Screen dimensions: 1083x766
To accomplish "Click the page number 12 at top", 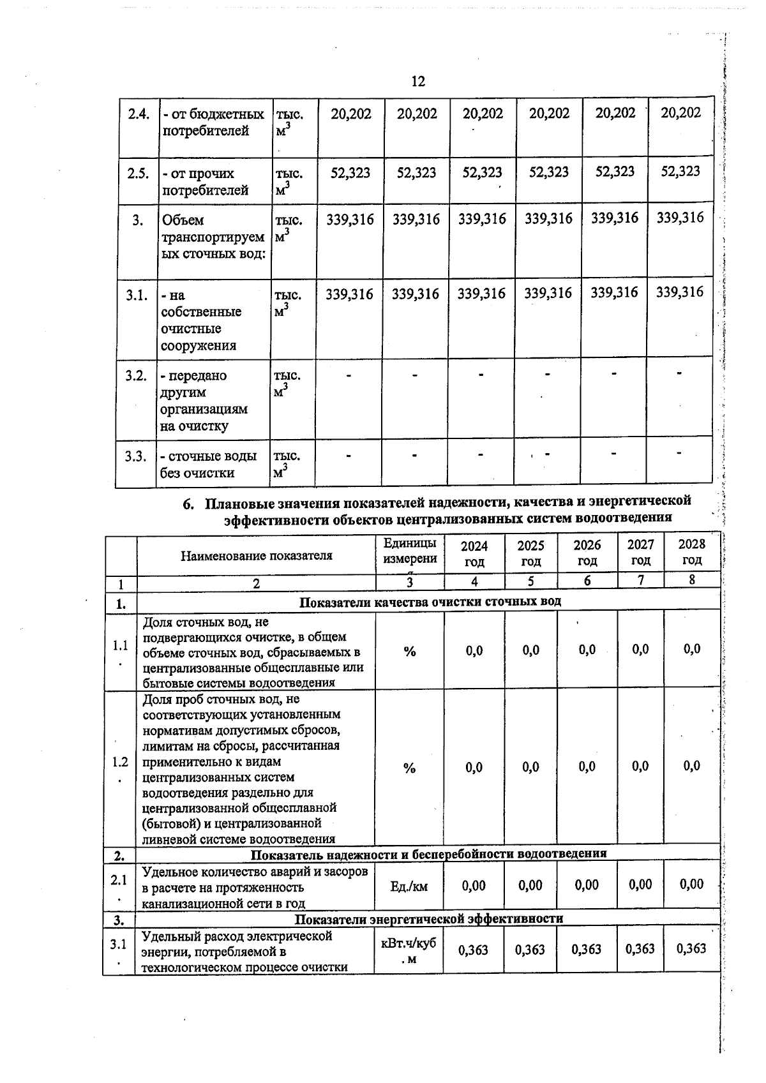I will pos(418,82).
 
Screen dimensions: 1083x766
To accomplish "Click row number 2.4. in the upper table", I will pos(139,114).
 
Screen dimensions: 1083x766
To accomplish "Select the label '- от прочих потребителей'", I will pos(204,182).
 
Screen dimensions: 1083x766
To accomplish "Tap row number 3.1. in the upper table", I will pos(137,295).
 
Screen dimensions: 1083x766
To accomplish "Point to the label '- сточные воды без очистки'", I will pos(208,465).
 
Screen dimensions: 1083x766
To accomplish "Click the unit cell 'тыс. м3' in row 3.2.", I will pos(287,383).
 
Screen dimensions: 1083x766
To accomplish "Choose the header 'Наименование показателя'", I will pos(256,555).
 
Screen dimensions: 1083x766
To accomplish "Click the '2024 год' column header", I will pos(474,553).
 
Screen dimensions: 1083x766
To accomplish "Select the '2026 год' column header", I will pos(587,553).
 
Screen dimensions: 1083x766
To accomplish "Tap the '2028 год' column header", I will pos(692,552).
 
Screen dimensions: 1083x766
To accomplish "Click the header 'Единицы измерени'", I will pos(410,551).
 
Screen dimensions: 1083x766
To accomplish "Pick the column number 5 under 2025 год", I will pos(530,581).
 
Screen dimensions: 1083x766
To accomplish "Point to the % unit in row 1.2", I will pos(409,768).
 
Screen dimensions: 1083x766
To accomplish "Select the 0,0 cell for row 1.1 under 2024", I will pos(474,650).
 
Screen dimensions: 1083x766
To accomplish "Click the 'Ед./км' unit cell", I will pos(409,886).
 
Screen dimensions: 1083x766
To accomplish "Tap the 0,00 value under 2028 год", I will pos(691,884).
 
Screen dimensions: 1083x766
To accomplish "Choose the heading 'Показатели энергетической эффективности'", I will pos(428,919).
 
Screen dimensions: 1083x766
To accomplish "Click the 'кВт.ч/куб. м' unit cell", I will pos(409,950).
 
